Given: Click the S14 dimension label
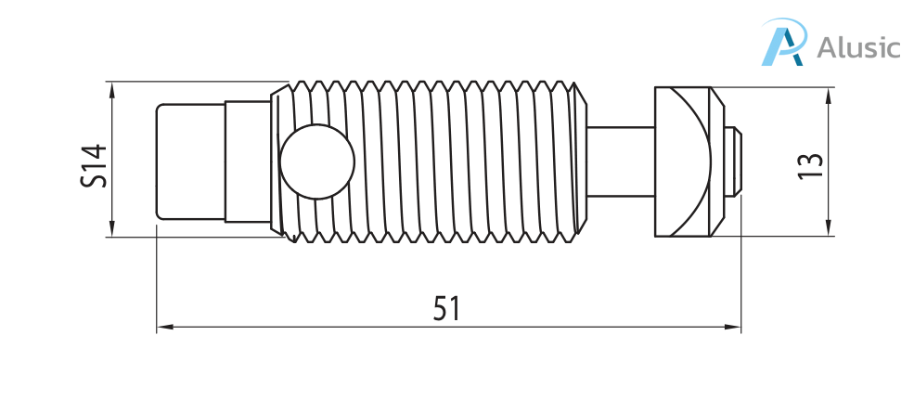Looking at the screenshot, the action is click(95, 166).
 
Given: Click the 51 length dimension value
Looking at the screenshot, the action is click(446, 308).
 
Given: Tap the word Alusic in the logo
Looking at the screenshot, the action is click(858, 46).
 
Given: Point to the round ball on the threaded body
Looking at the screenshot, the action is click(317, 162).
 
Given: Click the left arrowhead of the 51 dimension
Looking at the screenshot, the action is click(165, 328).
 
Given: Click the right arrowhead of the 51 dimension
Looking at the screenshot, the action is click(733, 328).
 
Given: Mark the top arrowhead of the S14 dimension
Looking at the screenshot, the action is click(112, 90).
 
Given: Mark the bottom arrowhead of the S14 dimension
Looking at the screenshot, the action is click(112, 228).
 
